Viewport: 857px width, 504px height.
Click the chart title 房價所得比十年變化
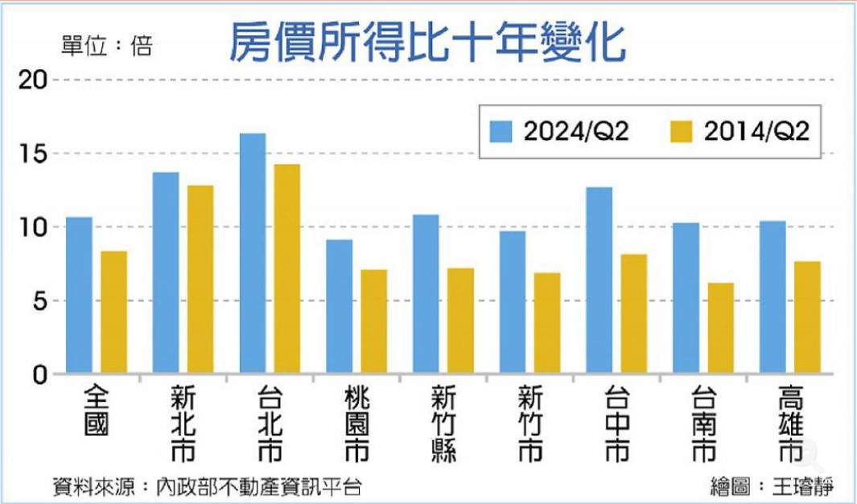[x=427, y=42]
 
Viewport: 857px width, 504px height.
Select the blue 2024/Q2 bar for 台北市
[x=253, y=254]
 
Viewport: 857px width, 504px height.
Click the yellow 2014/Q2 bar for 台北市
[x=286, y=269]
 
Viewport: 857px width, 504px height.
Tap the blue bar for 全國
[x=79, y=296]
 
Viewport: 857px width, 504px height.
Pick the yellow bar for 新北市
[x=200, y=280]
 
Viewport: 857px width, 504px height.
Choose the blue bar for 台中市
[x=599, y=281]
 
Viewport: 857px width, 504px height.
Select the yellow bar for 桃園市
[x=373, y=322]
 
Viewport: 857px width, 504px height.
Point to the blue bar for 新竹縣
[x=426, y=294]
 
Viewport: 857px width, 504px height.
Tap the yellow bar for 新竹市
[x=547, y=323]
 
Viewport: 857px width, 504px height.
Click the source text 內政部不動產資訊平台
[x=259, y=486]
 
